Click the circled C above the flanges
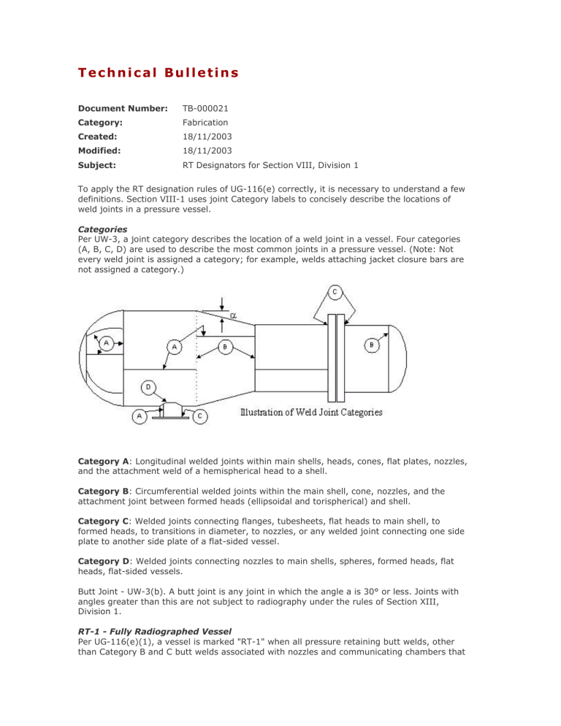334,293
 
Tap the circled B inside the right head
373,344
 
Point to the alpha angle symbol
234,315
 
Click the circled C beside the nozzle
200,416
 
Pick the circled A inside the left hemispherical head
107,343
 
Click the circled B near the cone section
226,348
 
